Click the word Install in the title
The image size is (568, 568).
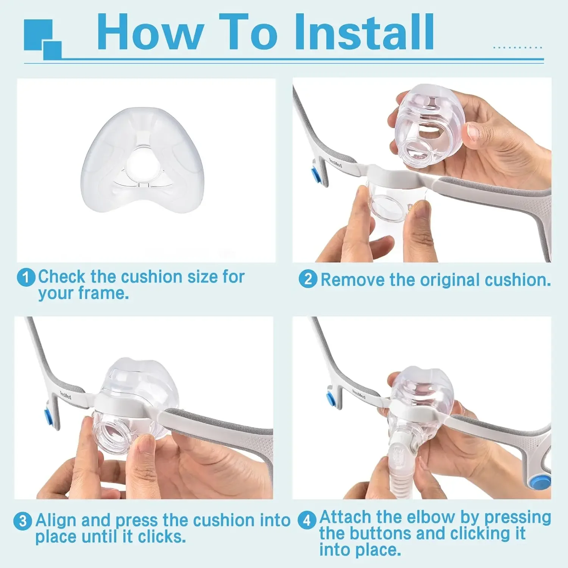pyautogui.click(x=364, y=32)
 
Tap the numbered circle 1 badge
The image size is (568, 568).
pyautogui.click(x=26, y=278)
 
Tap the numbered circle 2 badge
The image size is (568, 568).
pyautogui.click(x=307, y=279)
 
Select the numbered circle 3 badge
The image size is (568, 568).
pyautogui.click(x=23, y=521)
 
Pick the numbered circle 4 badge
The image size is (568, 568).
pyautogui.click(x=307, y=520)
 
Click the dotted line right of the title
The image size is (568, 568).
pyautogui.click(x=518, y=48)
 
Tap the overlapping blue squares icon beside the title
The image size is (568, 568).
pyautogui.click(x=42, y=39)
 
